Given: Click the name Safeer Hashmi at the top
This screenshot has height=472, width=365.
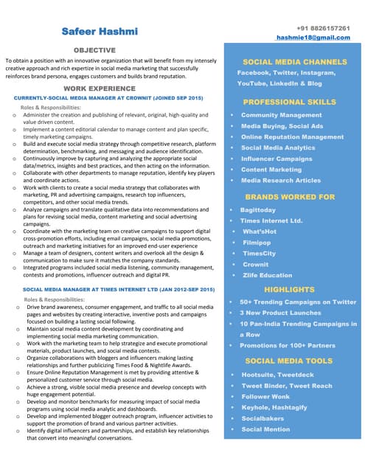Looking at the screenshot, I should click(x=100, y=32).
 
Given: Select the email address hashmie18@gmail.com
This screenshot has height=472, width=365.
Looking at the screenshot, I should click(x=313, y=37).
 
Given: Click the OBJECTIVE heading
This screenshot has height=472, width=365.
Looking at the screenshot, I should click(x=94, y=49).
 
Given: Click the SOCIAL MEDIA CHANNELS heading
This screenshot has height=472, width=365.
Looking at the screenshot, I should click(x=294, y=62).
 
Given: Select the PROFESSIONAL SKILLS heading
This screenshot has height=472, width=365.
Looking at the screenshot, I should click(x=290, y=102).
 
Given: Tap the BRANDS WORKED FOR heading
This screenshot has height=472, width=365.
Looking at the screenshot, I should click(x=290, y=197).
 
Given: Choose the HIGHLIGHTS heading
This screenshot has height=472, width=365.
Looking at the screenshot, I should click(x=289, y=290).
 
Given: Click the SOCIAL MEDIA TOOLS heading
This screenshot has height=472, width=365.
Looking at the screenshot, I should click(x=289, y=361).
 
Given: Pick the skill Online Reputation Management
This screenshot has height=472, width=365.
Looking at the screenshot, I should click(x=292, y=137).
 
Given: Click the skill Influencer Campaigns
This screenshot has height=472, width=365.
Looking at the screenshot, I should click(x=277, y=159).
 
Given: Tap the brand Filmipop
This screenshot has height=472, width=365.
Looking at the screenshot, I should click(x=257, y=242).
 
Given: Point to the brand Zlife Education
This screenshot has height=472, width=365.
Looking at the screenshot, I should click(x=267, y=275).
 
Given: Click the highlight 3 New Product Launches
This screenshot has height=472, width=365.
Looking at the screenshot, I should click(x=280, y=313).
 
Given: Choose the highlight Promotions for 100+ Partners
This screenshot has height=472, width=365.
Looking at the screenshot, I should click(x=288, y=345).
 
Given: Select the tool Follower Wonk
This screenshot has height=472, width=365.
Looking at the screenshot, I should click(x=265, y=396).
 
